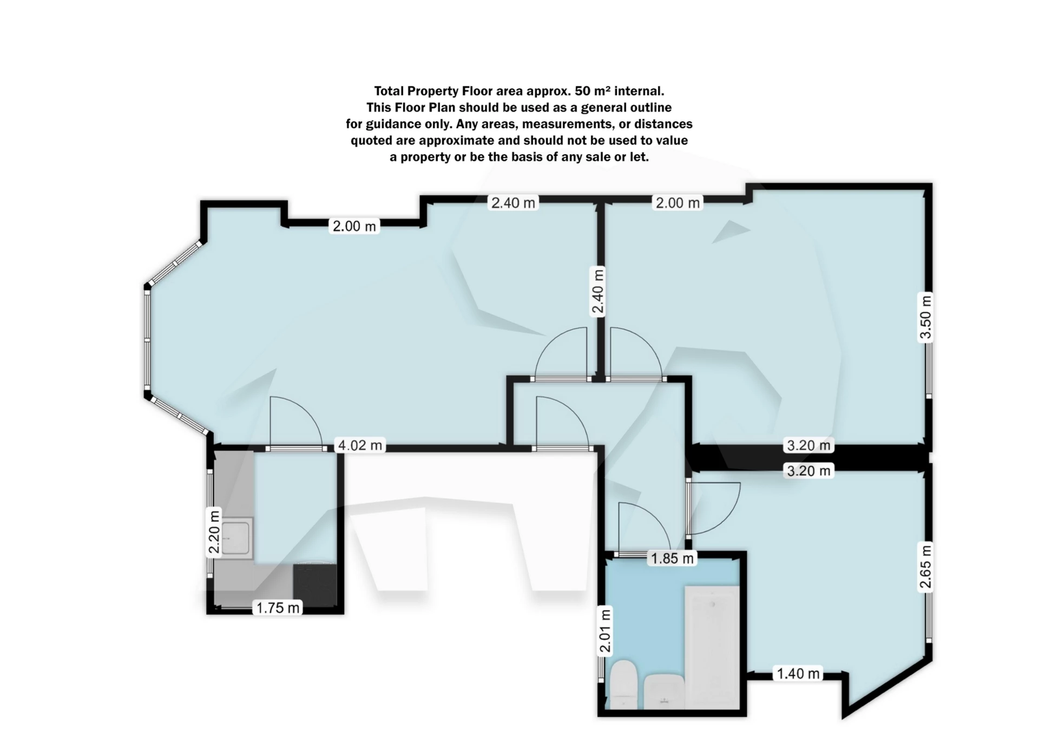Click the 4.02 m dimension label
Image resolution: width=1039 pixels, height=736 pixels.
point(360,445)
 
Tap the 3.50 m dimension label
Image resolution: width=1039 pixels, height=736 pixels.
point(926,316)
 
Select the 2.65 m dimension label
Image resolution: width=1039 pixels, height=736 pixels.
point(925,566)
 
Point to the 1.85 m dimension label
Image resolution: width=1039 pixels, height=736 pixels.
point(672,558)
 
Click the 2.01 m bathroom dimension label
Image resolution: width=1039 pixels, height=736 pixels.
point(606,630)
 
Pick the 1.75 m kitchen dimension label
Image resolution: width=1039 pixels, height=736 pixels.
point(278,608)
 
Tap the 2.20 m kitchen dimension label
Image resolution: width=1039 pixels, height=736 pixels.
point(214,533)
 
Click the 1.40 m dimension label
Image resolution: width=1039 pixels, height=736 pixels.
point(798,674)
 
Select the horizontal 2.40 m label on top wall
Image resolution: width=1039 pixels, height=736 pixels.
point(513,203)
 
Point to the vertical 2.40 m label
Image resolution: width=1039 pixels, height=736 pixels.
point(598,292)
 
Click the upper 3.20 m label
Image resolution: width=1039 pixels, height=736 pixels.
point(808,445)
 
